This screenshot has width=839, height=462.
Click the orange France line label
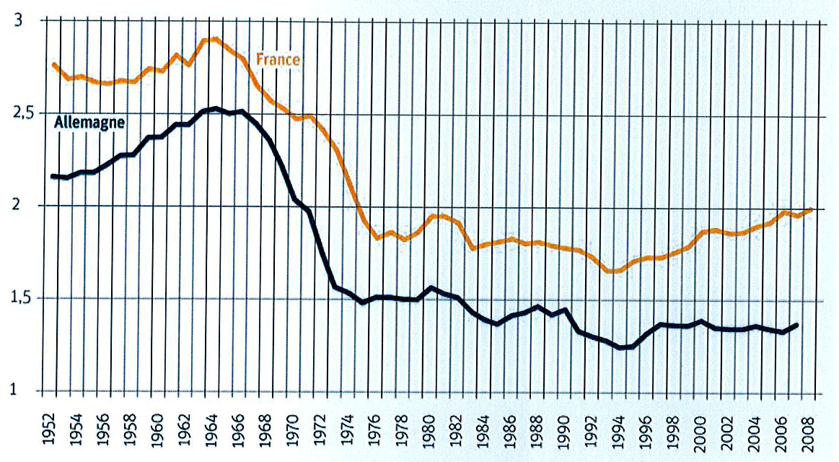(278, 60)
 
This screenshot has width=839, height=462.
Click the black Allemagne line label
(90, 122)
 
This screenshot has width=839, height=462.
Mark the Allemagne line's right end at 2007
(798, 325)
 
